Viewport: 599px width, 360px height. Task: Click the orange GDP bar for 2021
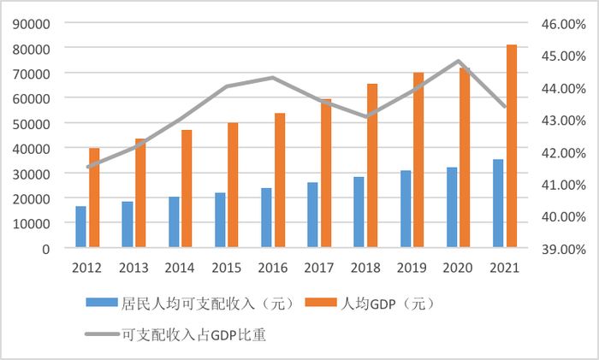pos(512,146)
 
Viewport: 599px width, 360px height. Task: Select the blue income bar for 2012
pos(80,227)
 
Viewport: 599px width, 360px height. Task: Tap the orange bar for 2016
pos(279,180)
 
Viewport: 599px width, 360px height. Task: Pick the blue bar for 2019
pos(405,210)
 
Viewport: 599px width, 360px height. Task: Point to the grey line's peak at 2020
pos(459,62)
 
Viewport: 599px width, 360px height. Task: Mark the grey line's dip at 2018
pos(366,116)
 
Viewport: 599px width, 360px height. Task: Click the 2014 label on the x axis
pos(180,268)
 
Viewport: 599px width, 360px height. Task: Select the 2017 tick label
pos(318,268)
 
